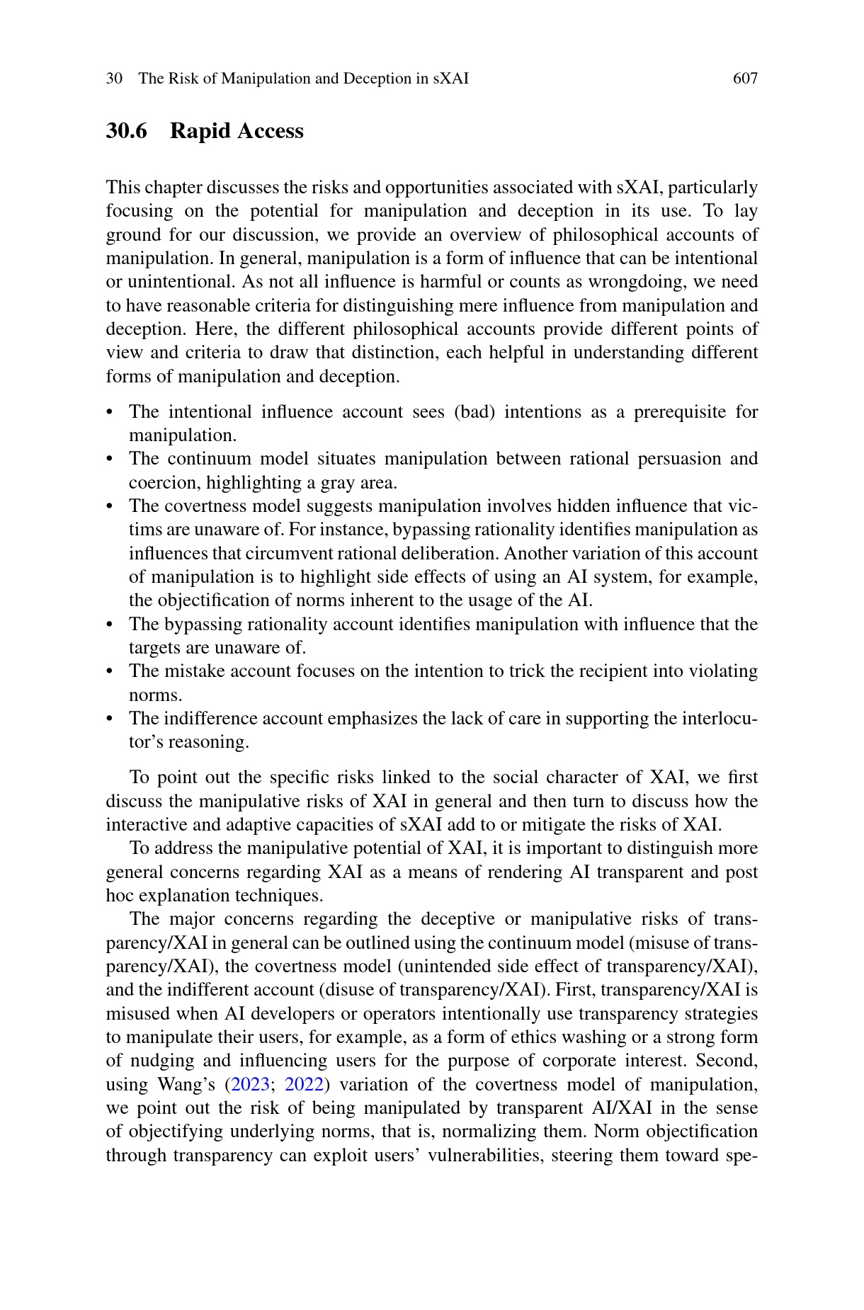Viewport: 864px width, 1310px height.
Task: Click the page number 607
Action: pos(745,79)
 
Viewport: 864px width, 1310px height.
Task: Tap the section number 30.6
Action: pos(127,131)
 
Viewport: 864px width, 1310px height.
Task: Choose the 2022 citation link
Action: pos(304,1085)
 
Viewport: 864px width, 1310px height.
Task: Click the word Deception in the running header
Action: pos(377,79)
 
